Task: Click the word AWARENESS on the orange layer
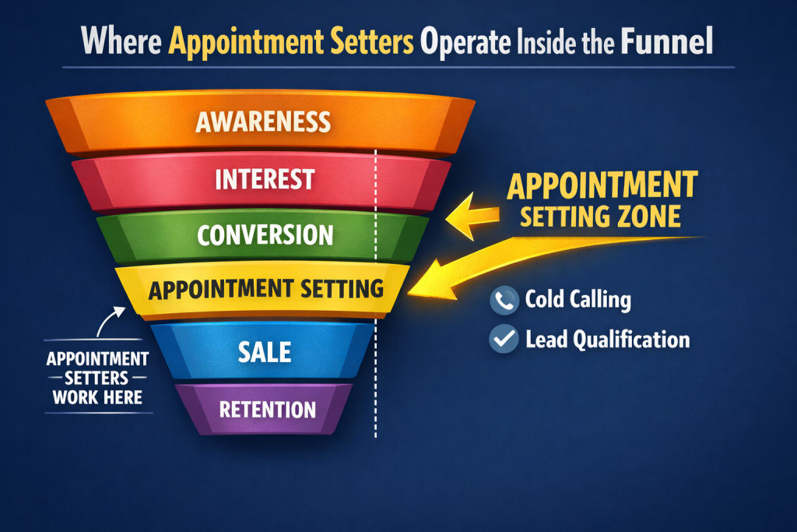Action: point(263,122)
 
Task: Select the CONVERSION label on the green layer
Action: point(265,234)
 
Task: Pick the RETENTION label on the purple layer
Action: point(267,409)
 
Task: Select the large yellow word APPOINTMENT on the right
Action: point(602,185)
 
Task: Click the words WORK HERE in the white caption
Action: point(97,397)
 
